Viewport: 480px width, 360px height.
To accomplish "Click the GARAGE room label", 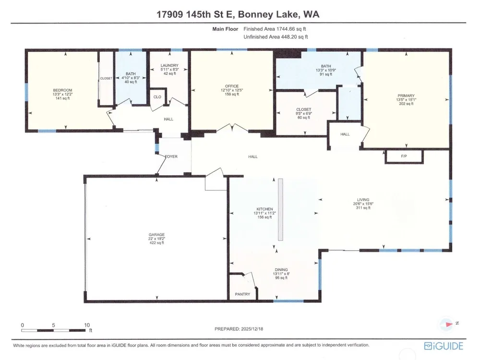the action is tap(156, 235).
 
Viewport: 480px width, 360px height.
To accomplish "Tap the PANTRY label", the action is tap(242, 294).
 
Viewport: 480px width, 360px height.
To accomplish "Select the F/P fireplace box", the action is tap(404, 156).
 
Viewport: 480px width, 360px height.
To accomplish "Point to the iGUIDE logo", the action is tap(444, 346).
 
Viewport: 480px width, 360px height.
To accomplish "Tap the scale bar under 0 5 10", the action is tap(53, 330).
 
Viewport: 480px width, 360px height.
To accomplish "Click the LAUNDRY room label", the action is tap(169, 65).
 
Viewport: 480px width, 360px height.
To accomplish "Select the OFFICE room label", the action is tap(232, 86).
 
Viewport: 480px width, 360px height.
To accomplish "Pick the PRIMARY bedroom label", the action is tap(406, 96).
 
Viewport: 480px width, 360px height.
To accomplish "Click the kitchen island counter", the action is tap(280, 210).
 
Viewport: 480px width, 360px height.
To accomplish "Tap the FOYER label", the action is tap(171, 156).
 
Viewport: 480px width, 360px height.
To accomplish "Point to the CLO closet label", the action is tap(157, 97).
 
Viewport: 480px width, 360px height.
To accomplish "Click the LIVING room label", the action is tap(363, 200).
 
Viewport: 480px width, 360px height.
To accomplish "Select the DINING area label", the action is tap(281, 270).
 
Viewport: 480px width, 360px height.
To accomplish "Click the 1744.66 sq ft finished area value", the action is tap(291, 29).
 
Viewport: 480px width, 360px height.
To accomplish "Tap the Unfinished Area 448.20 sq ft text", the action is tap(276, 37).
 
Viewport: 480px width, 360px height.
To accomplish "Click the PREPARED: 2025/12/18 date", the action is tap(239, 329).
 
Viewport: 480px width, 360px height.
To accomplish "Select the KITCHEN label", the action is tap(264, 209).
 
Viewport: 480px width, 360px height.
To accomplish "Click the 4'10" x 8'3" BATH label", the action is tap(131, 78).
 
